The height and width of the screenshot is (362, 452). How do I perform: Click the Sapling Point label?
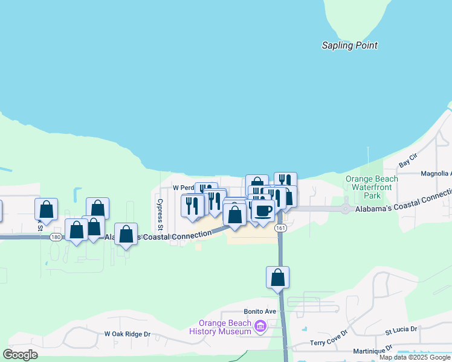tap(349, 45)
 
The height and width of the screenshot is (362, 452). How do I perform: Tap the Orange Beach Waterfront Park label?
tap(372, 187)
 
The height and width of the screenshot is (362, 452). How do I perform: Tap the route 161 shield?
tap(279, 227)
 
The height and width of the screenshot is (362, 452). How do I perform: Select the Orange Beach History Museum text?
tap(220, 327)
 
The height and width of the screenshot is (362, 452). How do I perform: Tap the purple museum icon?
tap(260, 327)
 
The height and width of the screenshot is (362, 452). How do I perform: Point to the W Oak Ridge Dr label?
tap(127, 334)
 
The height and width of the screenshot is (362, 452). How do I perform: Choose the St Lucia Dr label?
tap(401, 330)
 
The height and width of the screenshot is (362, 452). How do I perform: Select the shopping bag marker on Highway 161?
tap(277, 278)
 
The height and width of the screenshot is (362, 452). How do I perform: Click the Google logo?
tap(20, 355)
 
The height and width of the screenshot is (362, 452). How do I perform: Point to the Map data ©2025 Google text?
tap(415, 357)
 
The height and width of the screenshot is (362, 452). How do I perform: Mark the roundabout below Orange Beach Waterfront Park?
tap(345, 209)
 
